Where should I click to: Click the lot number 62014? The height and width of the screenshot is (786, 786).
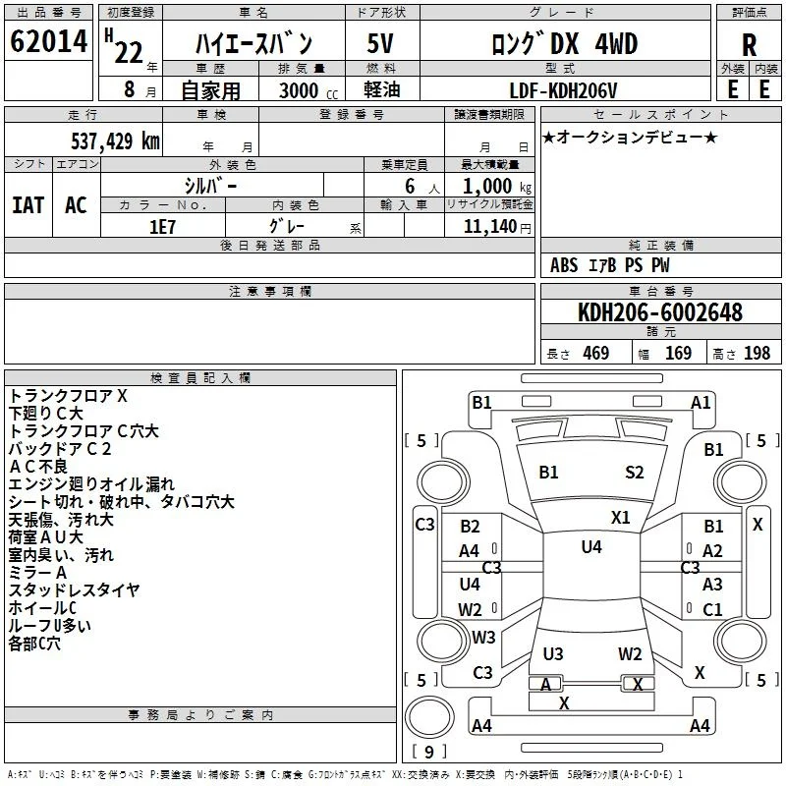(x=48, y=41)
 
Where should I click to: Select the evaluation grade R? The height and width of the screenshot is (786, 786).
(x=749, y=45)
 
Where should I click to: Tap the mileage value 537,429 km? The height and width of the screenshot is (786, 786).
(x=115, y=141)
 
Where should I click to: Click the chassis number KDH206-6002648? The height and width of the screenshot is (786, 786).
(x=659, y=311)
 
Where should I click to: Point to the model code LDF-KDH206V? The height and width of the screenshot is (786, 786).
(x=563, y=90)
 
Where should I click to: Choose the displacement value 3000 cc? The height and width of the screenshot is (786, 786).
(x=309, y=90)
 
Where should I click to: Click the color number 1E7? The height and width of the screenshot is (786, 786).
(x=162, y=227)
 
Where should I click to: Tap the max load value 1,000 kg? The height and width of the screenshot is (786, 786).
(x=497, y=187)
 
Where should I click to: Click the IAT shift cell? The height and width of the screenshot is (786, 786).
(x=28, y=205)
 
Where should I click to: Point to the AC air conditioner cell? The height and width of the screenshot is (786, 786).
(x=77, y=205)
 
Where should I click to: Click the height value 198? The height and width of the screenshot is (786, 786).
(x=757, y=353)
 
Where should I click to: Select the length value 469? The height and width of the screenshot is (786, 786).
(x=596, y=353)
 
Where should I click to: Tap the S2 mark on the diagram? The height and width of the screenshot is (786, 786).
(x=634, y=473)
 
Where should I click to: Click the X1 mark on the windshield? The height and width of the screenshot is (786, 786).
(x=621, y=518)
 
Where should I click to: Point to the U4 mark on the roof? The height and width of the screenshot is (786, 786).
(x=591, y=547)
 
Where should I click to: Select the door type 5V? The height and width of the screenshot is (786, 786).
(x=380, y=43)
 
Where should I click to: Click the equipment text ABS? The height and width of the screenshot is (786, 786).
(x=564, y=265)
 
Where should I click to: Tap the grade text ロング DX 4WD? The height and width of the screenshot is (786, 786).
(x=564, y=44)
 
